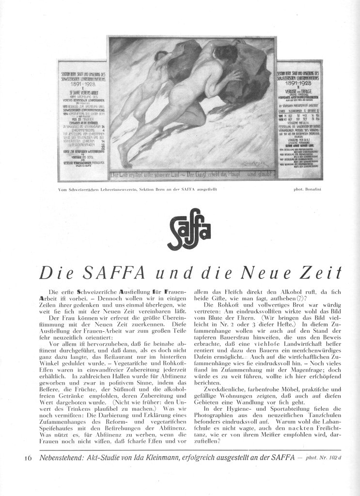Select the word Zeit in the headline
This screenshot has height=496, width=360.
click(317, 273)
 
